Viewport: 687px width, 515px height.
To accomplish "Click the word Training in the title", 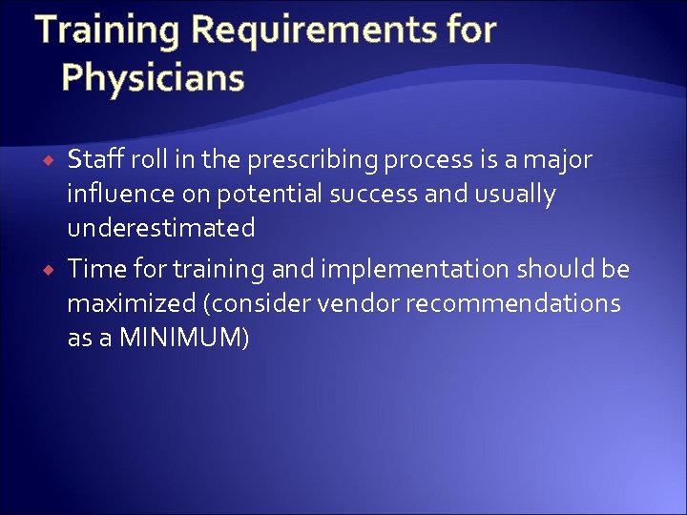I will pos(108,31).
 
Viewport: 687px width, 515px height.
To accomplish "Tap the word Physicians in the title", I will pos(153,77).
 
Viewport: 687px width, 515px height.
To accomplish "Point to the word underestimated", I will pos(160,228).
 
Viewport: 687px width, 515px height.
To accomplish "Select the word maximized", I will pos(126,304).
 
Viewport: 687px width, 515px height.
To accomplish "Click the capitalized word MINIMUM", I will pos(181,339).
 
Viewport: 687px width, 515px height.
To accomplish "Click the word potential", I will pos(268,195).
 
